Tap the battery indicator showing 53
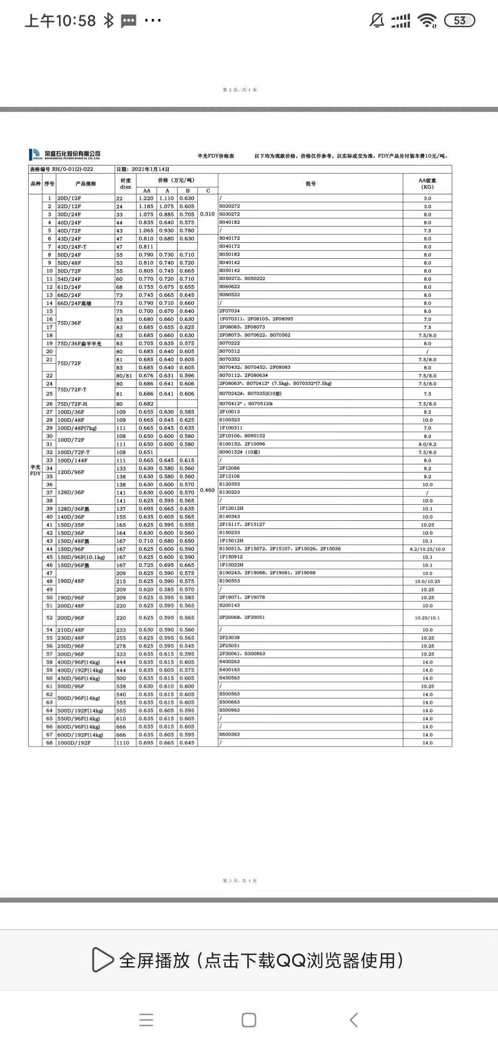coord(459,20)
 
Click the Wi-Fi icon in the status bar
coord(427,20)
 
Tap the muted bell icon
coord(377,20)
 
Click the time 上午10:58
coord(60,21)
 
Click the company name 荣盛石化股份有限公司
coord(72,153)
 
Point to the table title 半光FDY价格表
coord(216,156)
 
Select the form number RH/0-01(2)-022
coord(72,169)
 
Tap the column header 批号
coord(310,184)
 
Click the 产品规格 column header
coord(86,184)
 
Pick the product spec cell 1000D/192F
coord(74,743)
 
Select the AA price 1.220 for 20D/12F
coord(146,198)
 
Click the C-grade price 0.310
coord(207,214)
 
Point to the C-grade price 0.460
coord(207,490)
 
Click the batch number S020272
coord(230,206)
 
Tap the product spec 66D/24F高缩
coord(74,303)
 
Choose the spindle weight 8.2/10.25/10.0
coord(427,549)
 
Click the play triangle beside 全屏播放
coord(102,960)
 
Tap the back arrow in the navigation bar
coord(354,1020)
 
